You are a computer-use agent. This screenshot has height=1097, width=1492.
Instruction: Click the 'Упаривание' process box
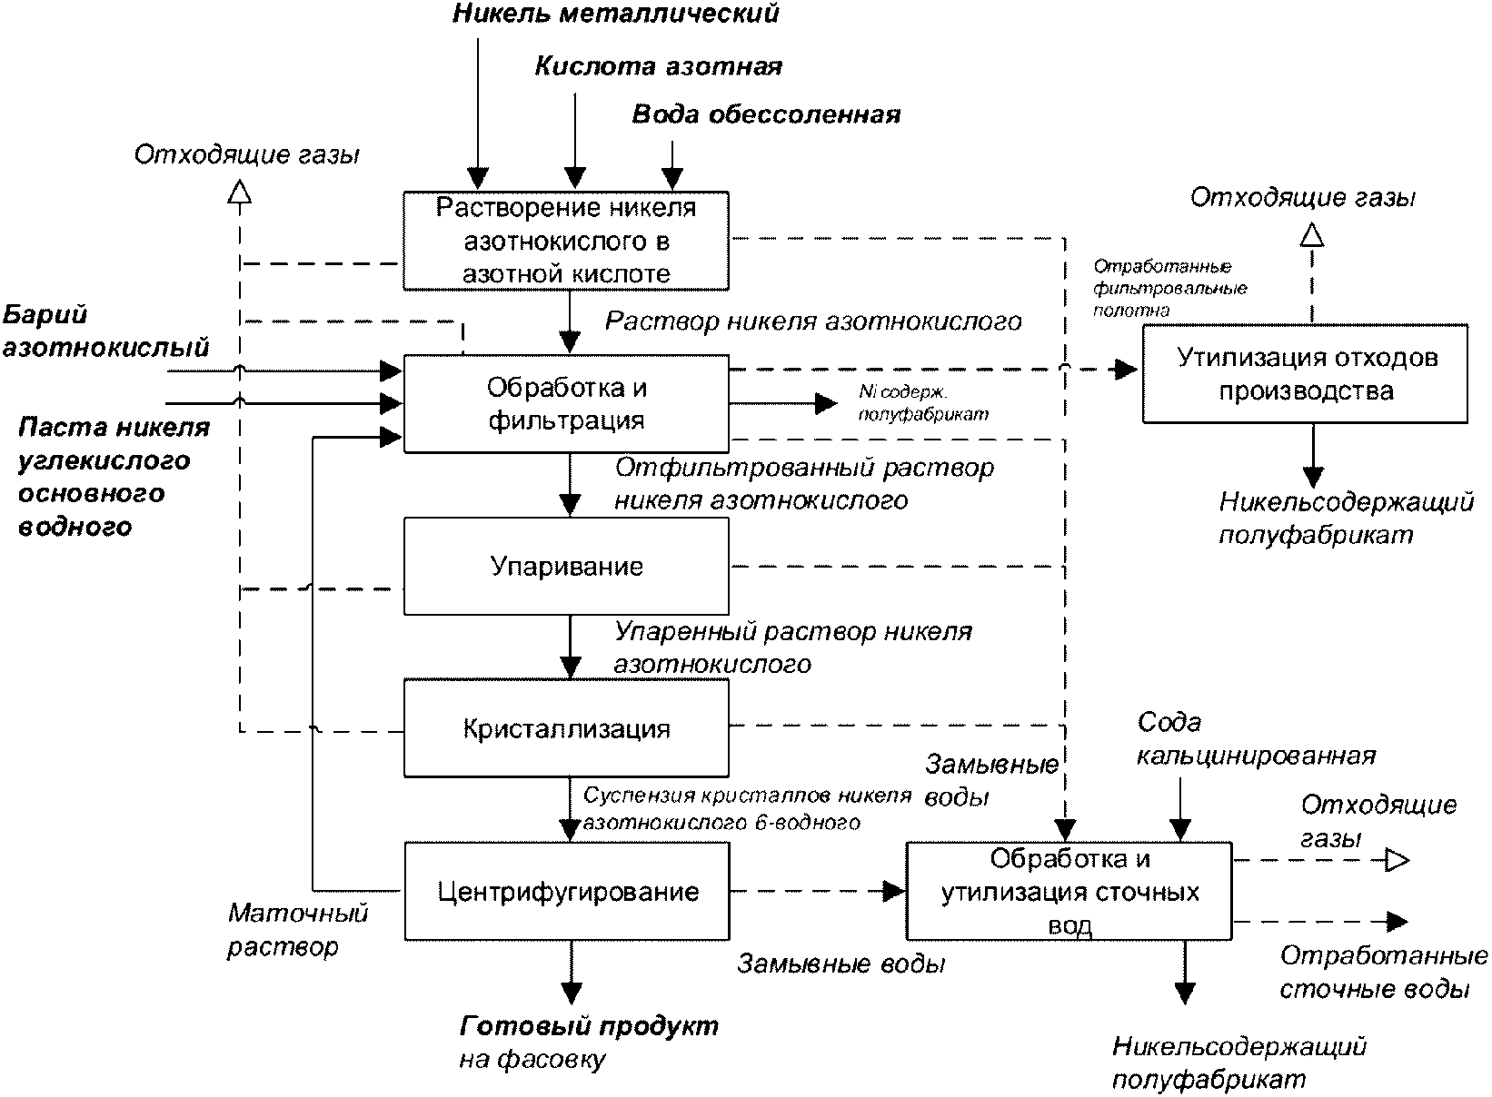pos(566,567)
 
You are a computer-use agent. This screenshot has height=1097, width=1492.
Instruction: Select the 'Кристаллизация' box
pos(566,728)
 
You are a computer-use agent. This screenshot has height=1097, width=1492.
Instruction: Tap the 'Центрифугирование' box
pos(567,892)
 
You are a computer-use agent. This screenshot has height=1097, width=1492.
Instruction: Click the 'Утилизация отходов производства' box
pos(1306,374)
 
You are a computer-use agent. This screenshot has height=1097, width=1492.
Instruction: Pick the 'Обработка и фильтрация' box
pos(566,403)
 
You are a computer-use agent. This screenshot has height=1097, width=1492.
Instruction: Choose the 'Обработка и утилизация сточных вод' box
pos(1069,892)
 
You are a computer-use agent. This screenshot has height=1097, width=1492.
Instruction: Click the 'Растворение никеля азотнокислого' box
pos(566,241)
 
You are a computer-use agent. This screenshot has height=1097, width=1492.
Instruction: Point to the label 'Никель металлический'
pos(615,14)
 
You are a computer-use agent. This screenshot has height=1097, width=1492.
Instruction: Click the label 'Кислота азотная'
pos(658,66)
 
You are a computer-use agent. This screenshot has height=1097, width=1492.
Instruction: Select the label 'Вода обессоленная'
pos(766,114)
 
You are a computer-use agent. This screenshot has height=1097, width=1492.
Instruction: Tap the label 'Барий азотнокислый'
pos(105,331)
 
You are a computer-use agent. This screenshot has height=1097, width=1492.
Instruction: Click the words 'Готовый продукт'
pos(589,1026)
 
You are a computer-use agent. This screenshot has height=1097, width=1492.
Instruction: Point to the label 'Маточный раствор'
pos(298,930)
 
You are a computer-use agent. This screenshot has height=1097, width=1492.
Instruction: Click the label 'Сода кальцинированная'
pos(1256,739)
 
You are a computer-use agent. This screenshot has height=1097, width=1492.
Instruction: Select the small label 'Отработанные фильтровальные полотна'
pos(1169,288)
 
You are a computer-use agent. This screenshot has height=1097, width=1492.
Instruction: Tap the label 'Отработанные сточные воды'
pos(1384,973)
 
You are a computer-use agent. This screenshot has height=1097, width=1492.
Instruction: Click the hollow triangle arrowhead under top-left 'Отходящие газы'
pos(240,191)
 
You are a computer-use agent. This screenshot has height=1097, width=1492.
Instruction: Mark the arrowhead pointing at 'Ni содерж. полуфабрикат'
pos(826,403)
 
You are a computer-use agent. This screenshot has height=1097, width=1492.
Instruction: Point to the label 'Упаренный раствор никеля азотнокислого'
pos(792,647)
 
